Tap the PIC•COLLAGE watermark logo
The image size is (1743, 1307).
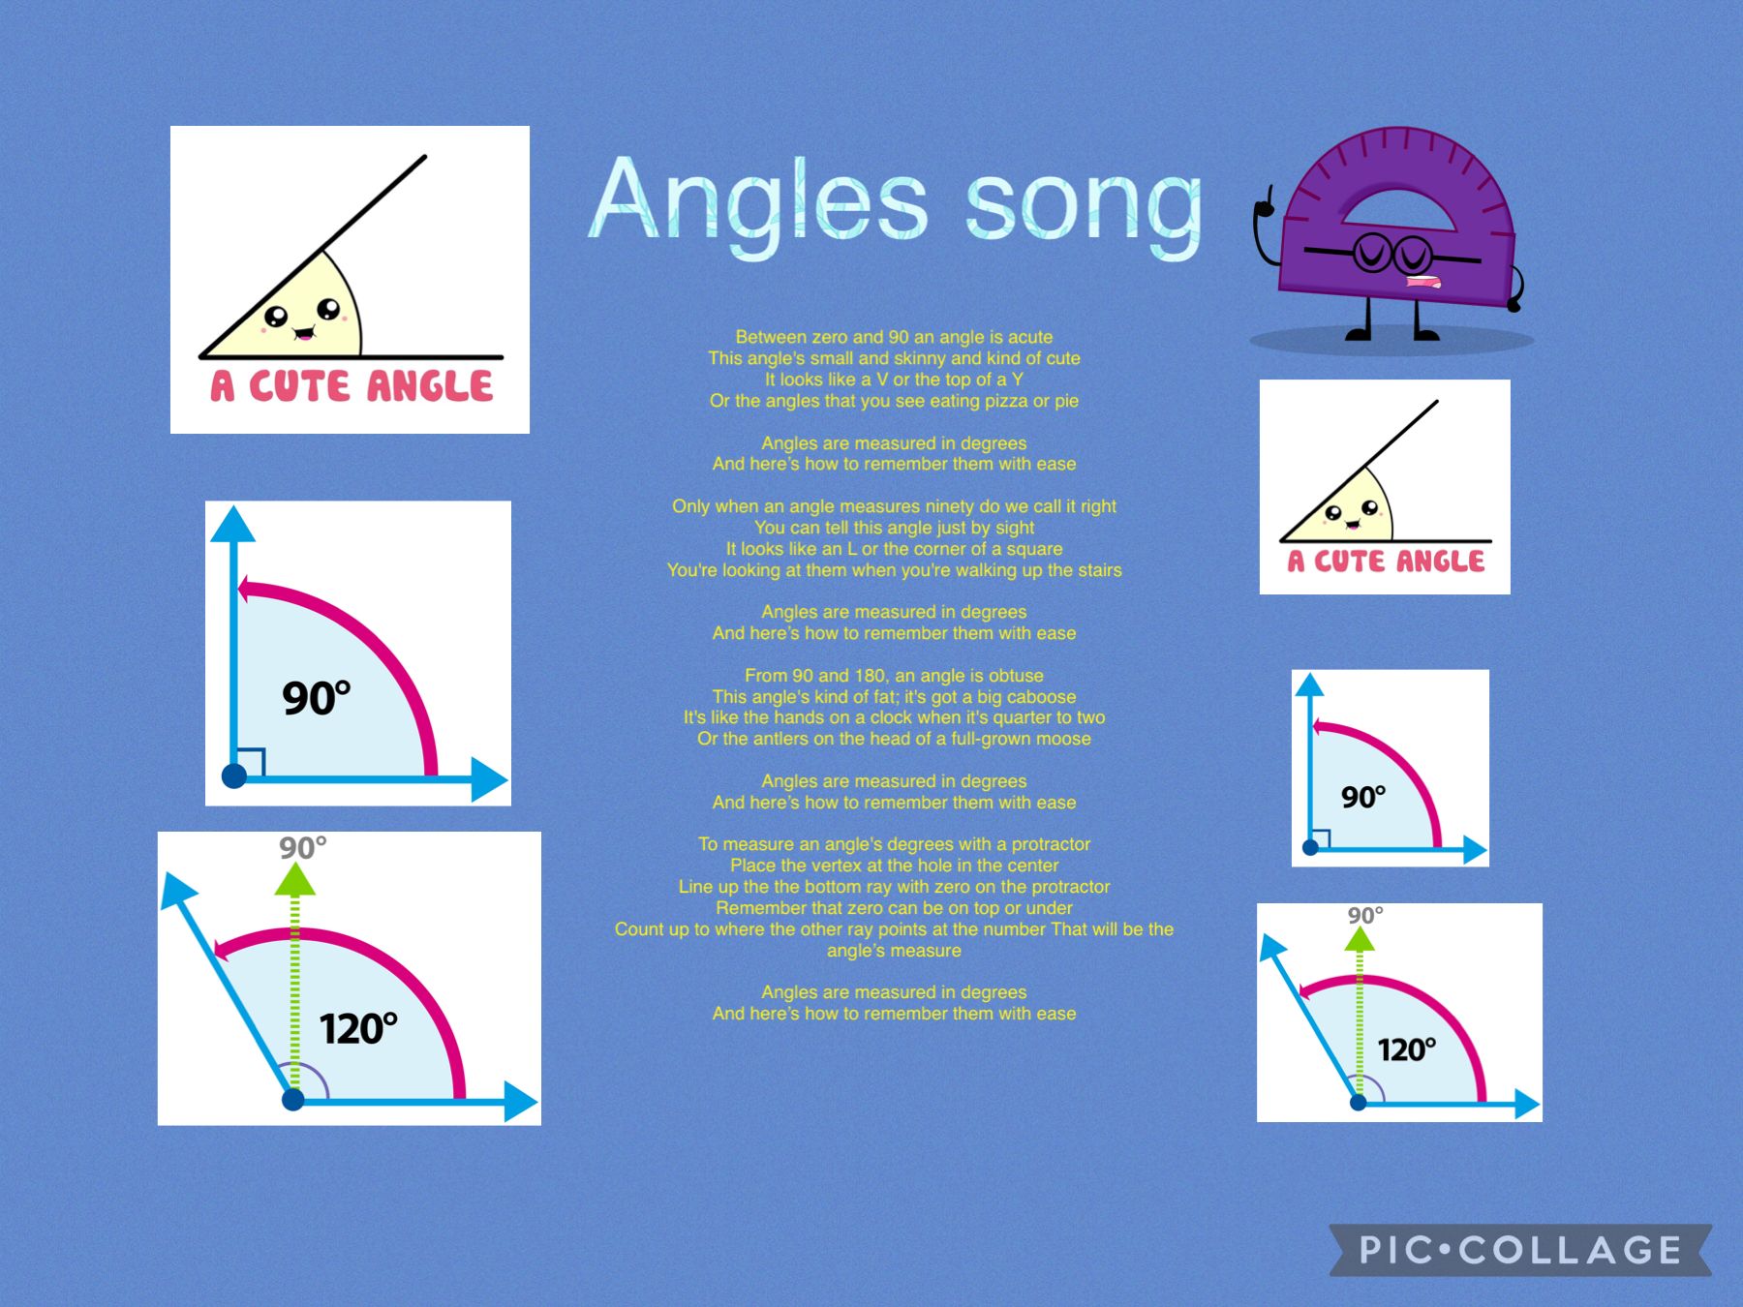point(1520,1250)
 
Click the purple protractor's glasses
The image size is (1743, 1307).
point(1392,254)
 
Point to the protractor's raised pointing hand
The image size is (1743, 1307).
point(1264,203)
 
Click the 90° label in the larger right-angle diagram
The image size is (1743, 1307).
point(316,697)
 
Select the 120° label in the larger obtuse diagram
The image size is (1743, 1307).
point(358,1028)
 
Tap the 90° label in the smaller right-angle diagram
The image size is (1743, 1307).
point(1363,797)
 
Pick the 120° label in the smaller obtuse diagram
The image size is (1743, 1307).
point(1406,1049)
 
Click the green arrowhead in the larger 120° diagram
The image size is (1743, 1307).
point(294,880)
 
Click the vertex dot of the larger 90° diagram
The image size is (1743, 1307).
point(234,775)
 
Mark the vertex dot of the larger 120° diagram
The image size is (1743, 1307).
point(292,1099)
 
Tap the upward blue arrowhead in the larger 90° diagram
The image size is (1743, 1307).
point(232,524)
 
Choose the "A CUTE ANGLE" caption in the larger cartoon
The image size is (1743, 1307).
point(352,386)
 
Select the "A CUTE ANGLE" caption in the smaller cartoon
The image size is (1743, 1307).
point(1386,562)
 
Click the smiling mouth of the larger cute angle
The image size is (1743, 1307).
point(303,334)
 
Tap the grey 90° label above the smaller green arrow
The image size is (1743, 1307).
point(1365,915)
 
